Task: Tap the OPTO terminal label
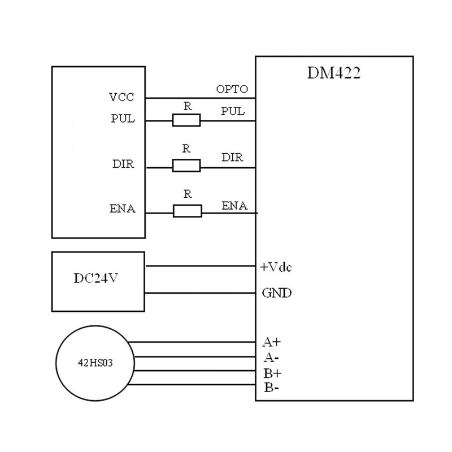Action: tap(232, 90)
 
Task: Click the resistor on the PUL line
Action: tap(186, 120)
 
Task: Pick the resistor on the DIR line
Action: tap(186, 166)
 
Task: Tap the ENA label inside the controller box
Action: tap(121, 210)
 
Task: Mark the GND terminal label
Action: tap(277, 293)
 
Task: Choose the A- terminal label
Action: tap(270, 358)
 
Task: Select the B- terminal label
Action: tap(270, 388)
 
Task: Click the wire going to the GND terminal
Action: tap(201, 293)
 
